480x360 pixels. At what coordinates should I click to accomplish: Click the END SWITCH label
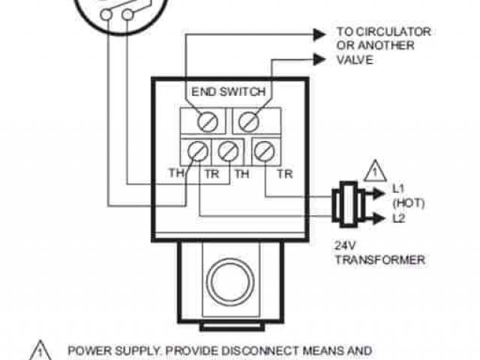coord(228,92)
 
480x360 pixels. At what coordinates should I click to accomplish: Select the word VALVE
coord(354,60)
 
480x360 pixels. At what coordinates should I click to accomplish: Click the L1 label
coord(399,187)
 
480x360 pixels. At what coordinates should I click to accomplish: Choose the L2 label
coord(399,218)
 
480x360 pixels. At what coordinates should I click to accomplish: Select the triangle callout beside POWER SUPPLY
coord(39,350)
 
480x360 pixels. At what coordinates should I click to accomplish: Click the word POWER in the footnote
coord(88,350)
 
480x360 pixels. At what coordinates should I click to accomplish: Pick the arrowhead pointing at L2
coord(378,218)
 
